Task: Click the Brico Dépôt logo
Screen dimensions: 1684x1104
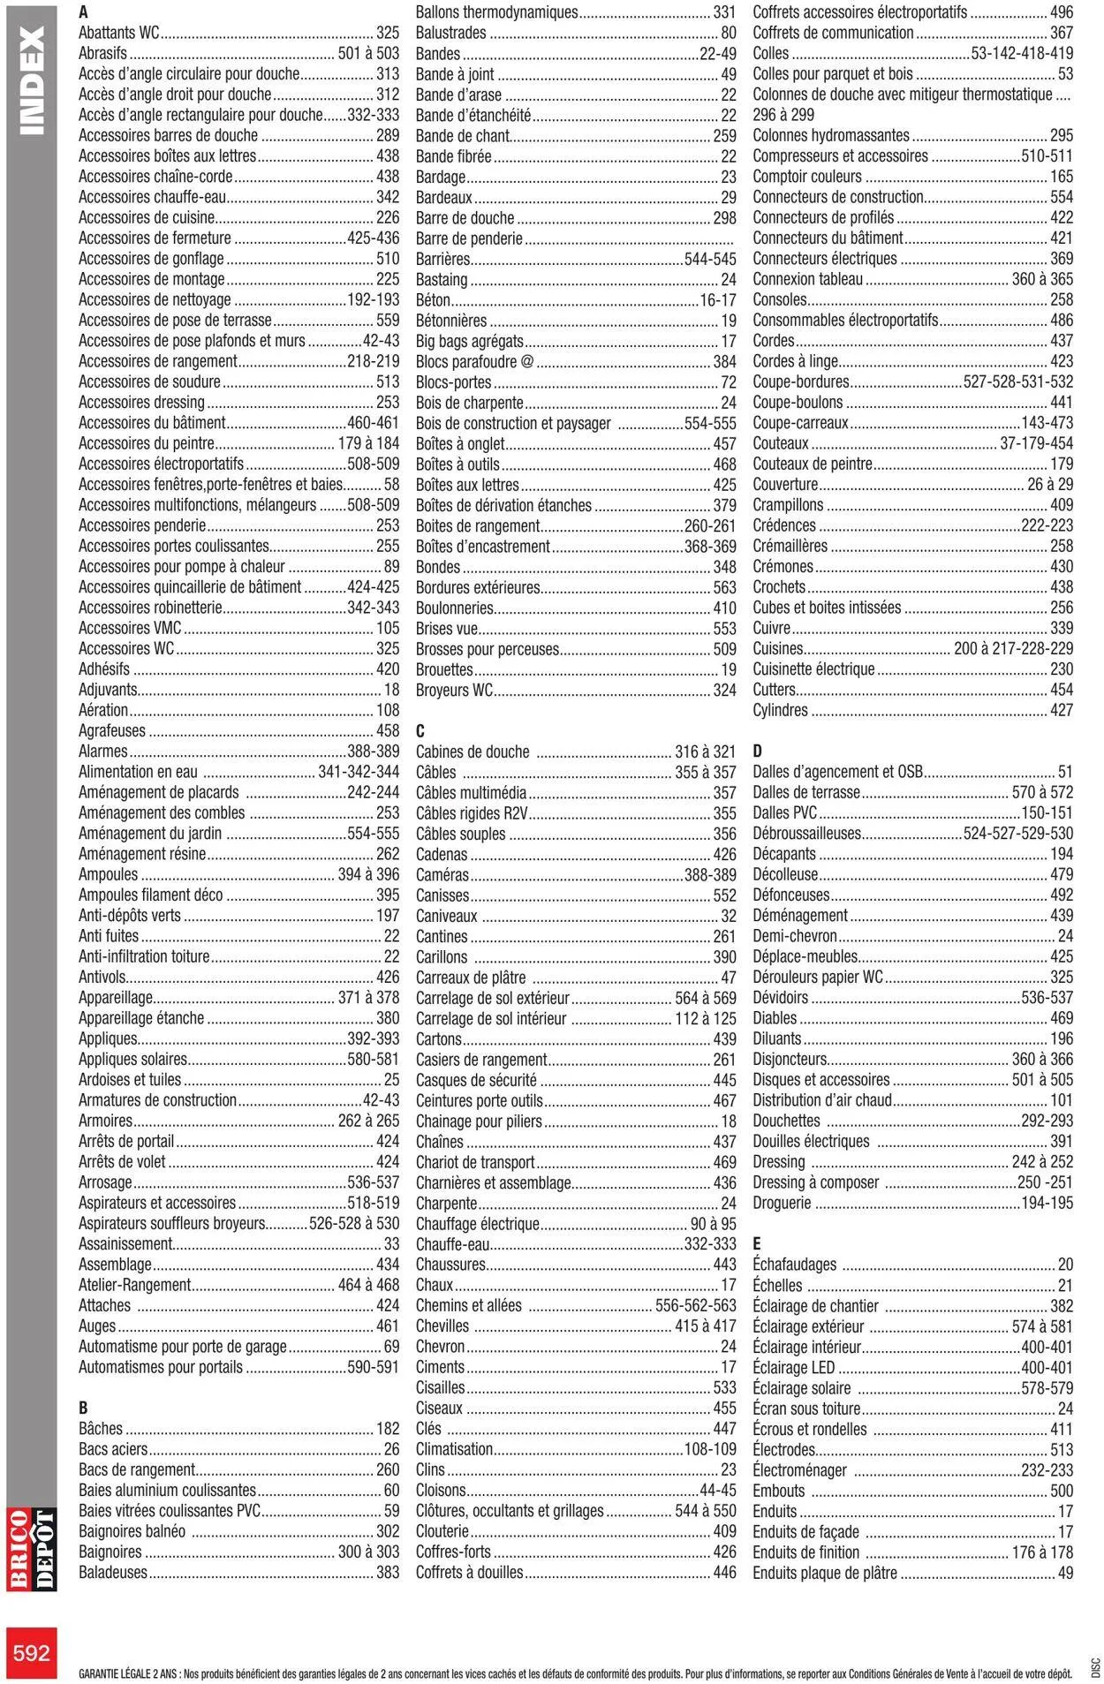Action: [32, 1550]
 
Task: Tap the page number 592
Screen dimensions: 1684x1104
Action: [32, 1652]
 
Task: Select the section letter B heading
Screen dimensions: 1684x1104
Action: [83, 1408]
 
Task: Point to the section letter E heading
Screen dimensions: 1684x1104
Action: [757, 1243]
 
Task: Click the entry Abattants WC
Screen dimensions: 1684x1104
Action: [119, 33]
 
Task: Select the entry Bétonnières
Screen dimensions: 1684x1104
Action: [451, 321]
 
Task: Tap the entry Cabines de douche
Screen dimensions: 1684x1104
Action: [473, 751]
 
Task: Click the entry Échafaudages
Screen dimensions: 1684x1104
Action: [794, 1265]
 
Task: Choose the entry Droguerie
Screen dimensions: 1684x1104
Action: [782, 1203]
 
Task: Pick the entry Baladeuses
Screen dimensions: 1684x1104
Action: [113, 1572]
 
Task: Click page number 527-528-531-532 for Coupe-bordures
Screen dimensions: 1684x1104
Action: [1017, 381]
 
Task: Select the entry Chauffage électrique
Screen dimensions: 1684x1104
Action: [477, 1224]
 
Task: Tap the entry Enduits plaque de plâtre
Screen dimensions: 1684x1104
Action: [824, 1573]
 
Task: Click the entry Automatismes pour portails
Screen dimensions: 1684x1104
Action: [161, 1367]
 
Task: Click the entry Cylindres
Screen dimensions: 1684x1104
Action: [780, 710]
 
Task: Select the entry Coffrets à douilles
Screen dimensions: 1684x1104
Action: [469, 1572]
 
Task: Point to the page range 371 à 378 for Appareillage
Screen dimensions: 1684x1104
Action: [368, 997]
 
